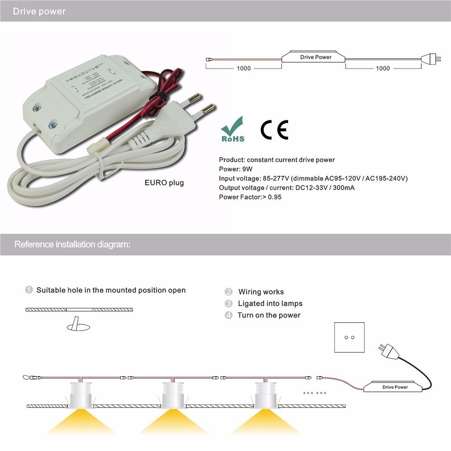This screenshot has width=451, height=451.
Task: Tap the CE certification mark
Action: click(274, 130)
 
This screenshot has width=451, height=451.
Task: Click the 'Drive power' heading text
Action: click(39, 11)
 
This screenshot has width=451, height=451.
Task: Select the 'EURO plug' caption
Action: click(164, 183)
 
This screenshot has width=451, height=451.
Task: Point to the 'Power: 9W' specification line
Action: click(235, 169)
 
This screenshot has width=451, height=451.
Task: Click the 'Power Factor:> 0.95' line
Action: click(250, 197)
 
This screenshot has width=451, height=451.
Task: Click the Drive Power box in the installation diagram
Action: click(395, 387)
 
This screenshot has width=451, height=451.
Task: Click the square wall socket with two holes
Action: click(349, 337)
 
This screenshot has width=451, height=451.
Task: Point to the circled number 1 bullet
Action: click(29, 290)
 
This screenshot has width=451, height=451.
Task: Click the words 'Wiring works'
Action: click(261, 292)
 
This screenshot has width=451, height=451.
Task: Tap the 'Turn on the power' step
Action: click(269, 315)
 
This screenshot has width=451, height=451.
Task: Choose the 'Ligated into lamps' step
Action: click(270, 304)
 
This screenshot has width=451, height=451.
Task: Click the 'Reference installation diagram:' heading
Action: click(73, 244)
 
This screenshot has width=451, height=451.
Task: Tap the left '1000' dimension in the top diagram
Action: click(244, 69)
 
